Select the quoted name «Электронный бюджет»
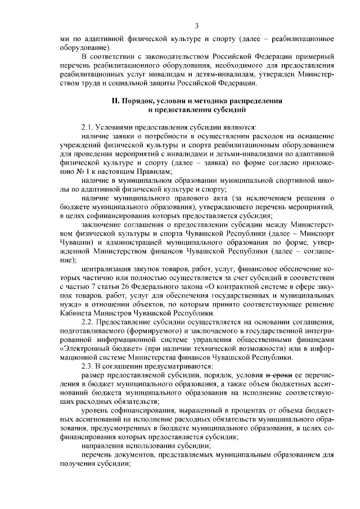pos(93,349)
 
